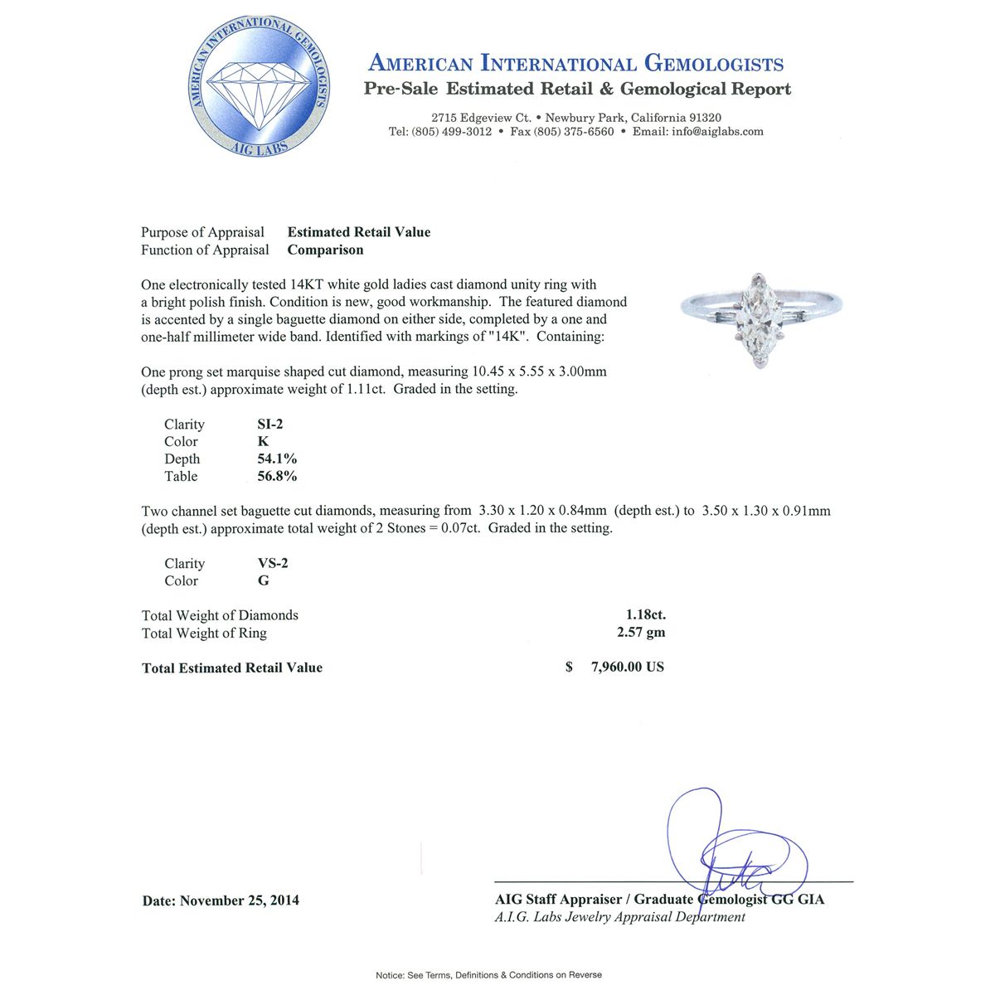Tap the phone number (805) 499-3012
pyautogui.click(x=439, y=132)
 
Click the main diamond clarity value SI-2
pyautogui.click(x=270, y=425)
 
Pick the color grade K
pyautogui.click(x=263, y=442)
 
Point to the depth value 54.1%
pyautogui.click(x=277, y=459)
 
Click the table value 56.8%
pyautogui.click(x=277, y=477)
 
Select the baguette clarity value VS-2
pyautogui.click(x=273, y=564)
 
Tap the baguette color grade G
pyautogui.click(x=264, y=581)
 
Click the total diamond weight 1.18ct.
pyautogui.click(x=645, y=615)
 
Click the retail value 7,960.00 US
pyautogui.click(x=627, y=667)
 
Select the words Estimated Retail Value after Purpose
pyautogui.click(x=359, y=233)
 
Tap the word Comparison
pyautogui.click(x=325, y=250)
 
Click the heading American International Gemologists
pyautogui.click(x=575, y=64)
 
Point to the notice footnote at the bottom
pyautogui.click(x=489, y=975)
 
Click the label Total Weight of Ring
pyautogui.click(x=204, y=633)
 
